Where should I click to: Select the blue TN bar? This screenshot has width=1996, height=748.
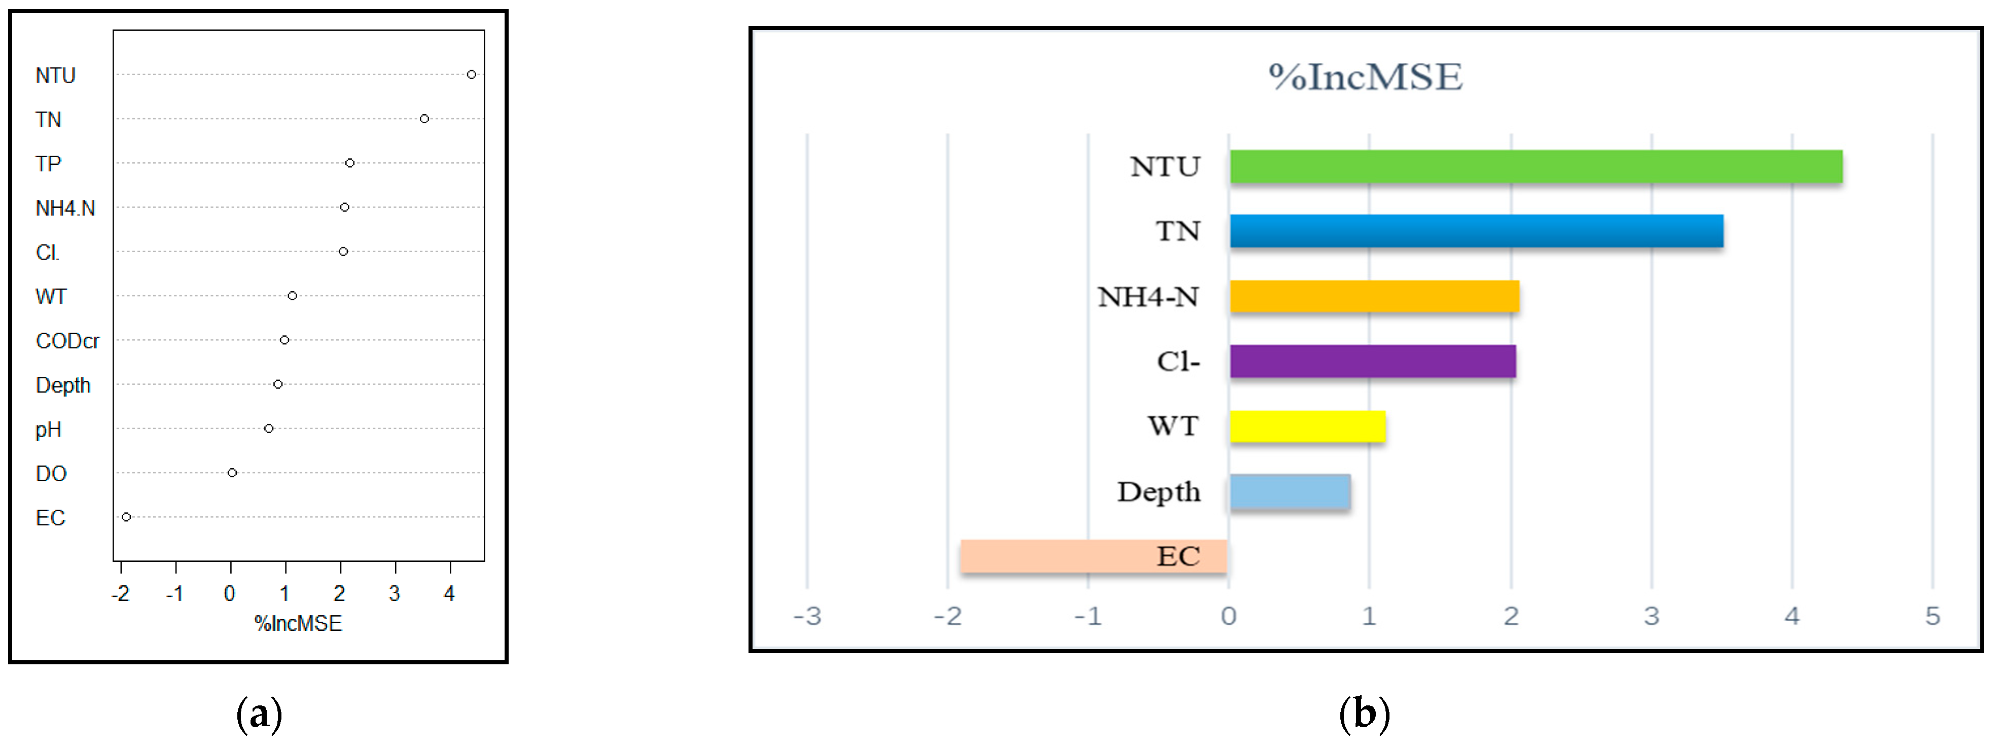(x=1476, y=231)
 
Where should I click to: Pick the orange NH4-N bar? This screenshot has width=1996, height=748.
(x=1374, y=296)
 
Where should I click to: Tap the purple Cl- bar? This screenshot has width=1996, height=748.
(x=1372, y=361)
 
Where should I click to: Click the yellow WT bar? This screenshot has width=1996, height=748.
(x=1307, y=426)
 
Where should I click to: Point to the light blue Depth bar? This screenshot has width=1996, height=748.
(x=1290, y=491)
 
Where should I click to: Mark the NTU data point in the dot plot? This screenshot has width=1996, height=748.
(x=471, y=75)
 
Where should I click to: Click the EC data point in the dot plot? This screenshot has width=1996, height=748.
(x=126, y=517)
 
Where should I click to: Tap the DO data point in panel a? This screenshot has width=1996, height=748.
(x=232, y=473)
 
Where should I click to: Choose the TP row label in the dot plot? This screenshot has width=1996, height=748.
(x=48, y=164)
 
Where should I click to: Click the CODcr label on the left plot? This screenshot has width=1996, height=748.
(x=67, y=341)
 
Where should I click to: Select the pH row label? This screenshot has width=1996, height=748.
(x=48, y=430)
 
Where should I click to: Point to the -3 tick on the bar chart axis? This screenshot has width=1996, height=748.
(x=807, y=616)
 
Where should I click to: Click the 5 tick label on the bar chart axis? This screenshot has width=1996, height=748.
(x=1933, y=616)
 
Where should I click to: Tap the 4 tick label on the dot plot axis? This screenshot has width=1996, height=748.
(x=449, y=594)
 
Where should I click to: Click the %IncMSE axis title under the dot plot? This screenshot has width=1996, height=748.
(x=298, y=623)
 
